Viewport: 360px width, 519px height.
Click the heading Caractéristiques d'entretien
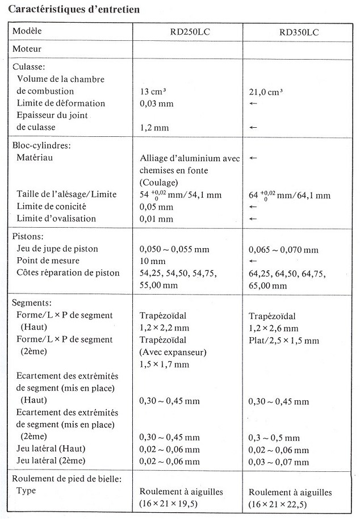pos(74,10)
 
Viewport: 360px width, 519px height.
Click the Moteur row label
pos(27,49)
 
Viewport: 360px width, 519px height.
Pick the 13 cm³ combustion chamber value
pos(153,91)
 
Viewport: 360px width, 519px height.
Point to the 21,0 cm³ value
pos(266,91)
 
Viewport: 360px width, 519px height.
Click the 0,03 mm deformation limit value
pos(157,103)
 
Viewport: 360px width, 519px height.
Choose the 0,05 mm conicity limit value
pos(157,206)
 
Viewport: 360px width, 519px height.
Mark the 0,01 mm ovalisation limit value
pos(157,219)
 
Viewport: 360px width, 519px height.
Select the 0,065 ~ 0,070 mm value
pos(283,249)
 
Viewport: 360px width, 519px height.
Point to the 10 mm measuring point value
pos(152,261)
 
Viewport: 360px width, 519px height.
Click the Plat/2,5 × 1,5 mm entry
pos(284,340)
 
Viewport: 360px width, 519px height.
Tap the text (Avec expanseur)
pos(173,352)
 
